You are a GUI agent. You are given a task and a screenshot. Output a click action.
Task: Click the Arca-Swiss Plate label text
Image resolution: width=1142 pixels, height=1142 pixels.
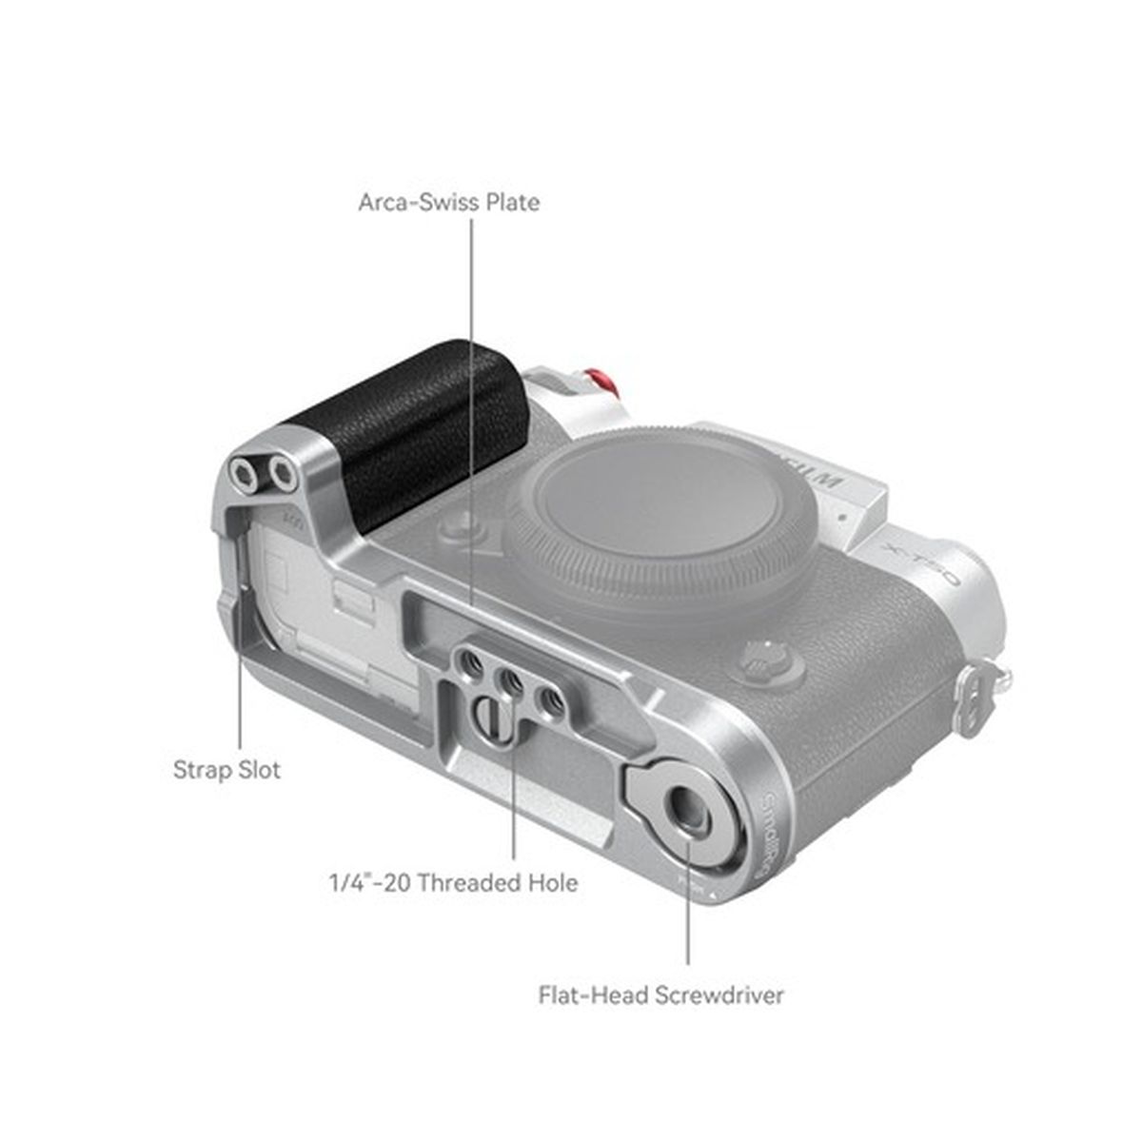[x=448, y=203]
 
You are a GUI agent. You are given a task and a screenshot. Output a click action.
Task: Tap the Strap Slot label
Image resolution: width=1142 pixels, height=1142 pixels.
[x=226, y=769]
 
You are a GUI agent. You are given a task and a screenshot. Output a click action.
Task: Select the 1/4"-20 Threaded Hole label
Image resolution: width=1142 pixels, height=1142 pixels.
[x=453, y=882]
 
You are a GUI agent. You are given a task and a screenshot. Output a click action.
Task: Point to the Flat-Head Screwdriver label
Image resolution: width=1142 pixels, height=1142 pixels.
[x=661, y=995]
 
